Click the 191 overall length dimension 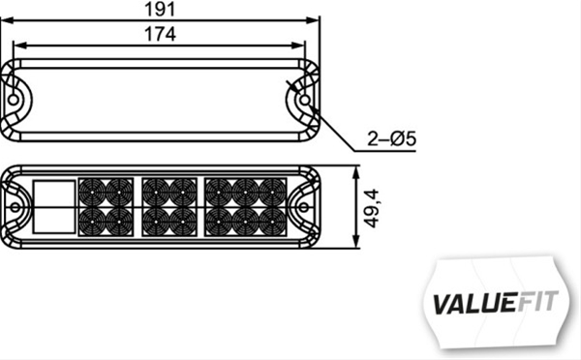pyautogui.click(x=162, y=10)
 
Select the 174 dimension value pyautogui.click(x=162, y=35)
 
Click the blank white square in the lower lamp pyautogui.click(x=54, y=205)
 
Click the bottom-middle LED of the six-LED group pyautogui.click(x=243, y=221)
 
